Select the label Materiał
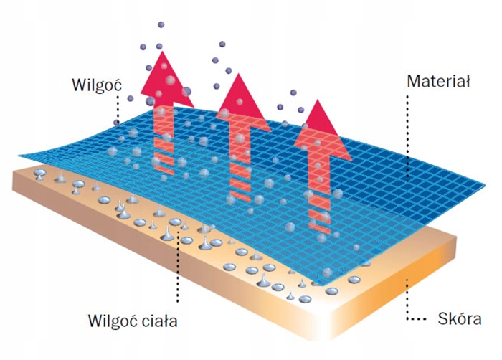(x=437, y=82)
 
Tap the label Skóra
(x=458, y=318)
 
